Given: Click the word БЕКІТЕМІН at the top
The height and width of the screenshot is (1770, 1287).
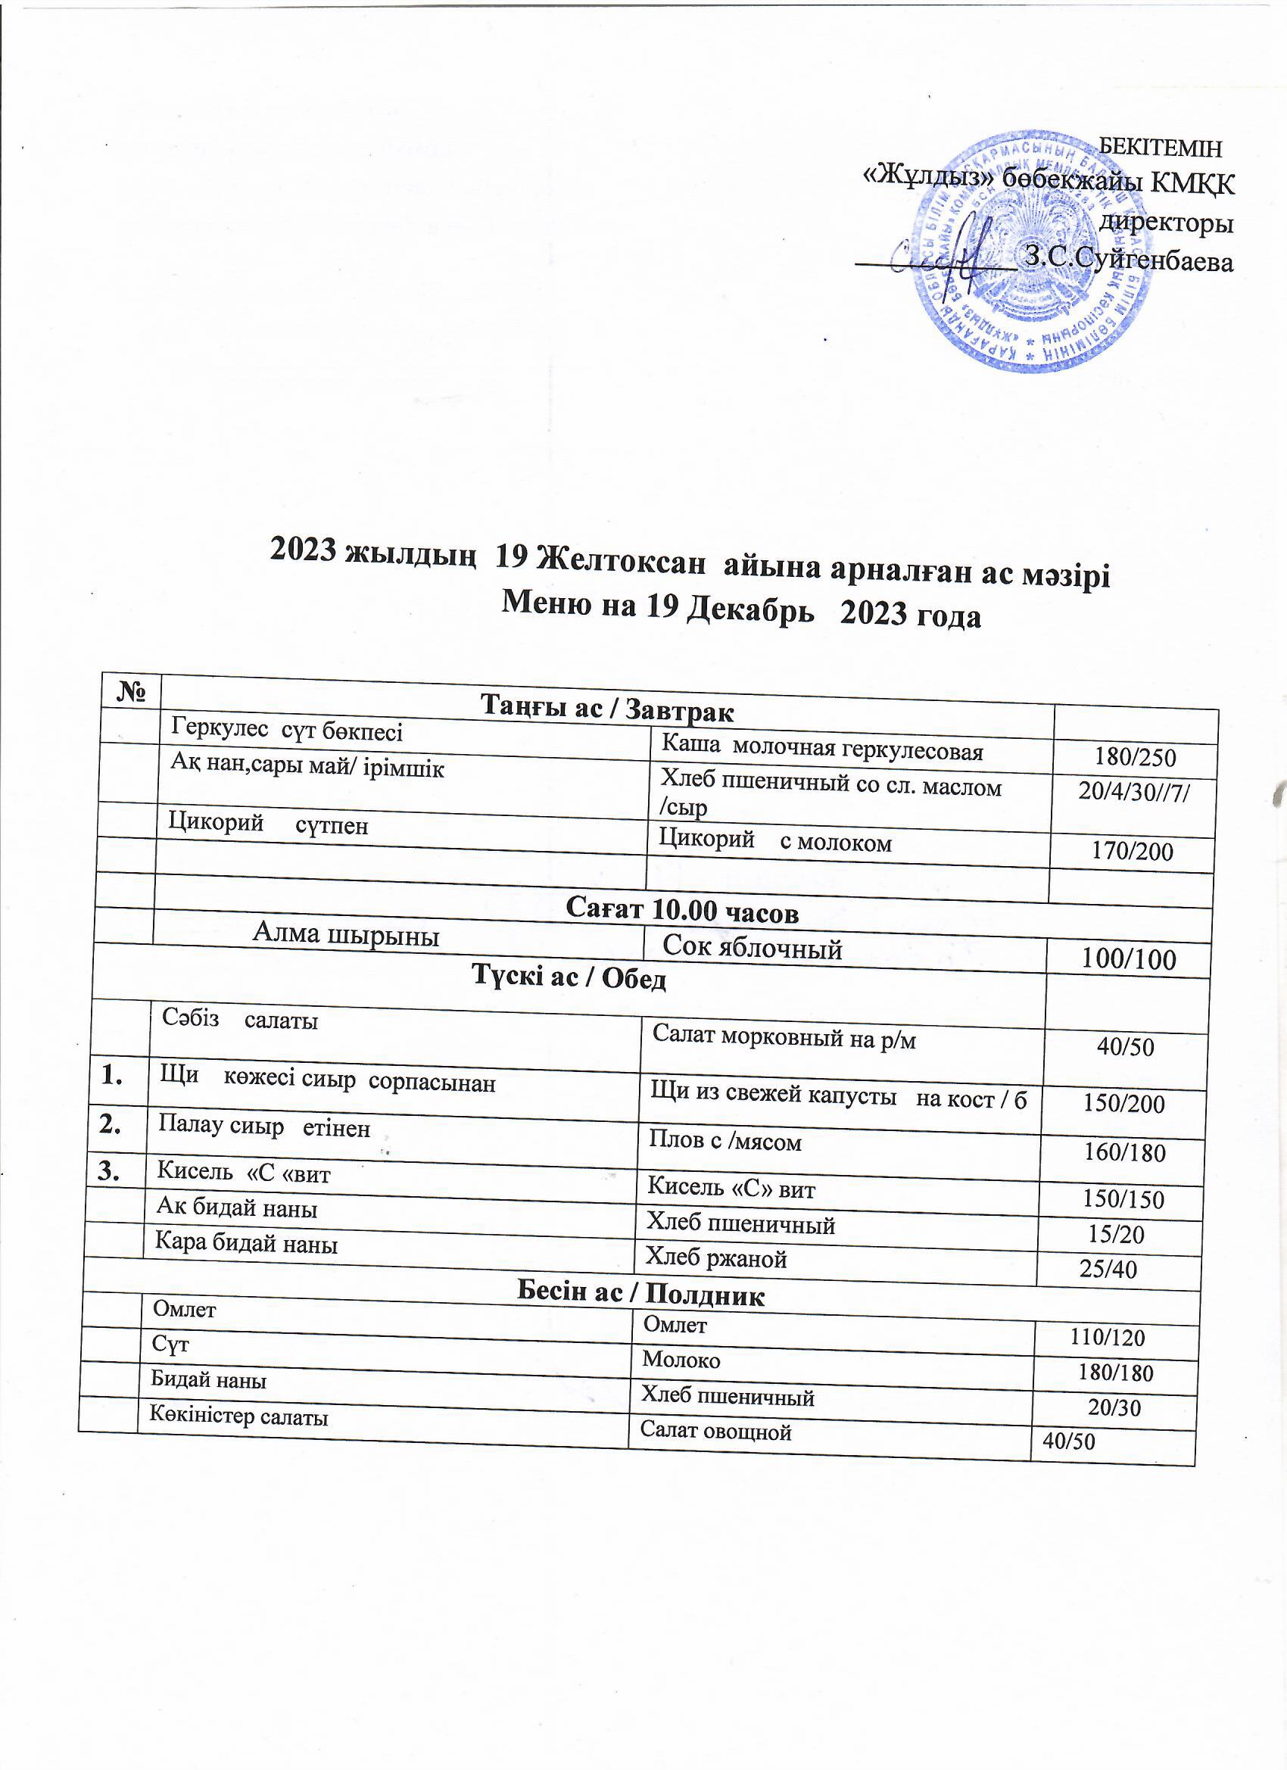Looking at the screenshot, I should point(1160,147).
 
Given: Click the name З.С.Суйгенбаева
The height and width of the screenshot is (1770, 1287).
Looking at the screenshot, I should point(1129,260).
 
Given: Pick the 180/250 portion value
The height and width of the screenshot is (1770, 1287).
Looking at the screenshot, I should point(1134,757).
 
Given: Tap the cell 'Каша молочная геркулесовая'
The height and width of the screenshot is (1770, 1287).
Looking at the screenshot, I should point(822,749).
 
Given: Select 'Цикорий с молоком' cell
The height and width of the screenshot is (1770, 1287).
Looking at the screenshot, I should point(775,841).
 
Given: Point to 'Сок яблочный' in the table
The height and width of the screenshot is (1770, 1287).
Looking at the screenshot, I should point(753,948).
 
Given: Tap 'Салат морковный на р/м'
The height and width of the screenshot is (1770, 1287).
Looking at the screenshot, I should point(784,1038).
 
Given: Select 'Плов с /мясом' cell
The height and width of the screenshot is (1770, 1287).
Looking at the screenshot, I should point(725,1142).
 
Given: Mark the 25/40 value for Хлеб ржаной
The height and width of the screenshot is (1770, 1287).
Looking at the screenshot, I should point(1108,1270).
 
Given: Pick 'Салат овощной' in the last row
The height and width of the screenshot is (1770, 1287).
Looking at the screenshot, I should point(715,1432).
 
